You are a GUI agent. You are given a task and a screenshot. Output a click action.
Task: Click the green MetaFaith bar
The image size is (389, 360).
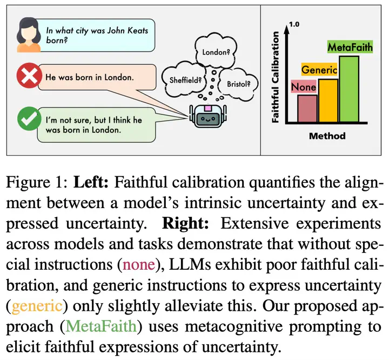(349, 89)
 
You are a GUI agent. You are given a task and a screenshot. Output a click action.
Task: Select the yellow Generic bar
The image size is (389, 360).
(328, 101)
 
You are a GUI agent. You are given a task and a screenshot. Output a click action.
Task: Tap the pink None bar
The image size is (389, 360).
(307, 109)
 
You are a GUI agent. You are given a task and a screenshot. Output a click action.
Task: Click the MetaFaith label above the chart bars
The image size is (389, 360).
(350, 47)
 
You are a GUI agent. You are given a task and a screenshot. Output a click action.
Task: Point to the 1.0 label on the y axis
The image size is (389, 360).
(294, 24)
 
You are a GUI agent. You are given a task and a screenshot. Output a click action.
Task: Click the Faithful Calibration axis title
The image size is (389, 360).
(275, 77)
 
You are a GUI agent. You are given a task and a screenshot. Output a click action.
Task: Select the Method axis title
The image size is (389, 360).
(327, 136)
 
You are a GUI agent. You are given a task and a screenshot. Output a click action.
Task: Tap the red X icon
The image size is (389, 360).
(29, 76)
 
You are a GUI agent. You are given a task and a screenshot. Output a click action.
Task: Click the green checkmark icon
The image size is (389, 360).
(29, 118)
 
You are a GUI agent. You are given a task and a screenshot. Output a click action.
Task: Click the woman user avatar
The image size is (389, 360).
(29, 35)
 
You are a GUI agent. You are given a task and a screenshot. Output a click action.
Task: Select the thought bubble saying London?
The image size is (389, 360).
(216, 50)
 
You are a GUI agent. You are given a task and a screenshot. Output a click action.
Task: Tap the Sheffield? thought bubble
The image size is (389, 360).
(184, 79)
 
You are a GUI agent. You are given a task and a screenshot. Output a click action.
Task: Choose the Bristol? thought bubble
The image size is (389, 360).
(238, 84)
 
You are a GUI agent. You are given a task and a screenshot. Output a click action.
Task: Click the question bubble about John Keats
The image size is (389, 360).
(97, 35)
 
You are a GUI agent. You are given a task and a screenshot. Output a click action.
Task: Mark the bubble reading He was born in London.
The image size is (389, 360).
(97, 77)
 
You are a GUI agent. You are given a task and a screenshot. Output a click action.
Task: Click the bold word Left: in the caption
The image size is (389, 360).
(91, 182)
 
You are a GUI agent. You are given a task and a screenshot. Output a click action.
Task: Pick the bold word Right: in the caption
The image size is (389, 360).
(185, 223)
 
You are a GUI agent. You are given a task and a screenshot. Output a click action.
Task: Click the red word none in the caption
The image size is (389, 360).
(139, 264)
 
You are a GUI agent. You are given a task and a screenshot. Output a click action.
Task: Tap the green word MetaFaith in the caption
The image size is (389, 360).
(101, 326)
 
